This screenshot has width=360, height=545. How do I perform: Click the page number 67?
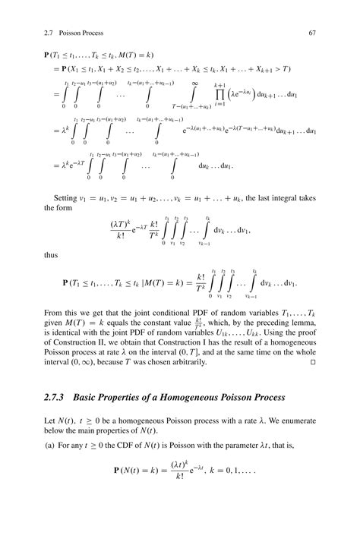311,33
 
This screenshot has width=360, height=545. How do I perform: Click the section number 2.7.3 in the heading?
58,398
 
